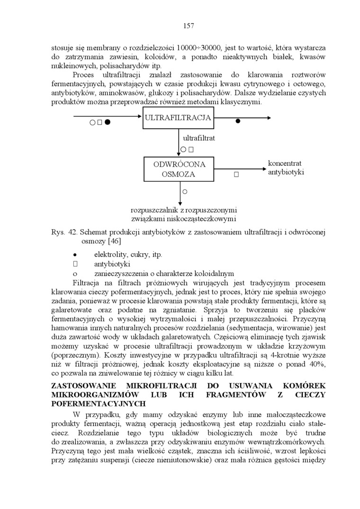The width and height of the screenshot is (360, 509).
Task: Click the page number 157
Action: point(189,26)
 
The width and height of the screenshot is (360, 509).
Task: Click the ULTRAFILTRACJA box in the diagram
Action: point(178,118)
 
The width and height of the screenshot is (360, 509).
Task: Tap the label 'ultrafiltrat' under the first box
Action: point(199,138)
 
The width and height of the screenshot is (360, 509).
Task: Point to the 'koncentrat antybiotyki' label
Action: point(286,167)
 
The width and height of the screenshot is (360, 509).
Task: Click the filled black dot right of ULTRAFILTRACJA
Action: point(238,121)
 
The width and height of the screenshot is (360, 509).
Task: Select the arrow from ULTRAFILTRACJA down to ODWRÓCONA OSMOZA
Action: point(179,142)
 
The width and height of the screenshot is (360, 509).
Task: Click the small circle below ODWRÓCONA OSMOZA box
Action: point(185,191)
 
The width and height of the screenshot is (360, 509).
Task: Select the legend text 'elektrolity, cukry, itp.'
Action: point(128,254)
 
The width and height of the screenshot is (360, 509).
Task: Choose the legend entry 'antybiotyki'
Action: point(112,264)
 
